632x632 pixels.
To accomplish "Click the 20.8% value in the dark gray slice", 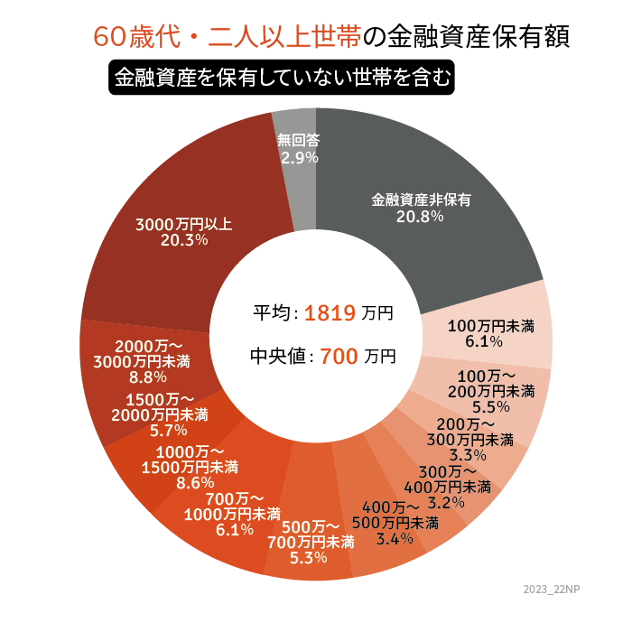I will coord(421,217).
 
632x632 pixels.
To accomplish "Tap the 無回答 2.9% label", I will coord(299,149).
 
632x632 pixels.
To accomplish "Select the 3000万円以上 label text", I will coord(183,224).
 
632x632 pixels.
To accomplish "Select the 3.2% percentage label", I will coord(446,502).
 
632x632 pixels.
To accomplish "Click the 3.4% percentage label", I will coord(395,539).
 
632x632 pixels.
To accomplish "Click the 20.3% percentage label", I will coord(183,240).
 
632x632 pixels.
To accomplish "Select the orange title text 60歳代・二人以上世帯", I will coord(226,38).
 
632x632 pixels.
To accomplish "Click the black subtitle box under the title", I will coord(282,78).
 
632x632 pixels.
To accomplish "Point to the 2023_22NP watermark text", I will coord(553,589).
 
